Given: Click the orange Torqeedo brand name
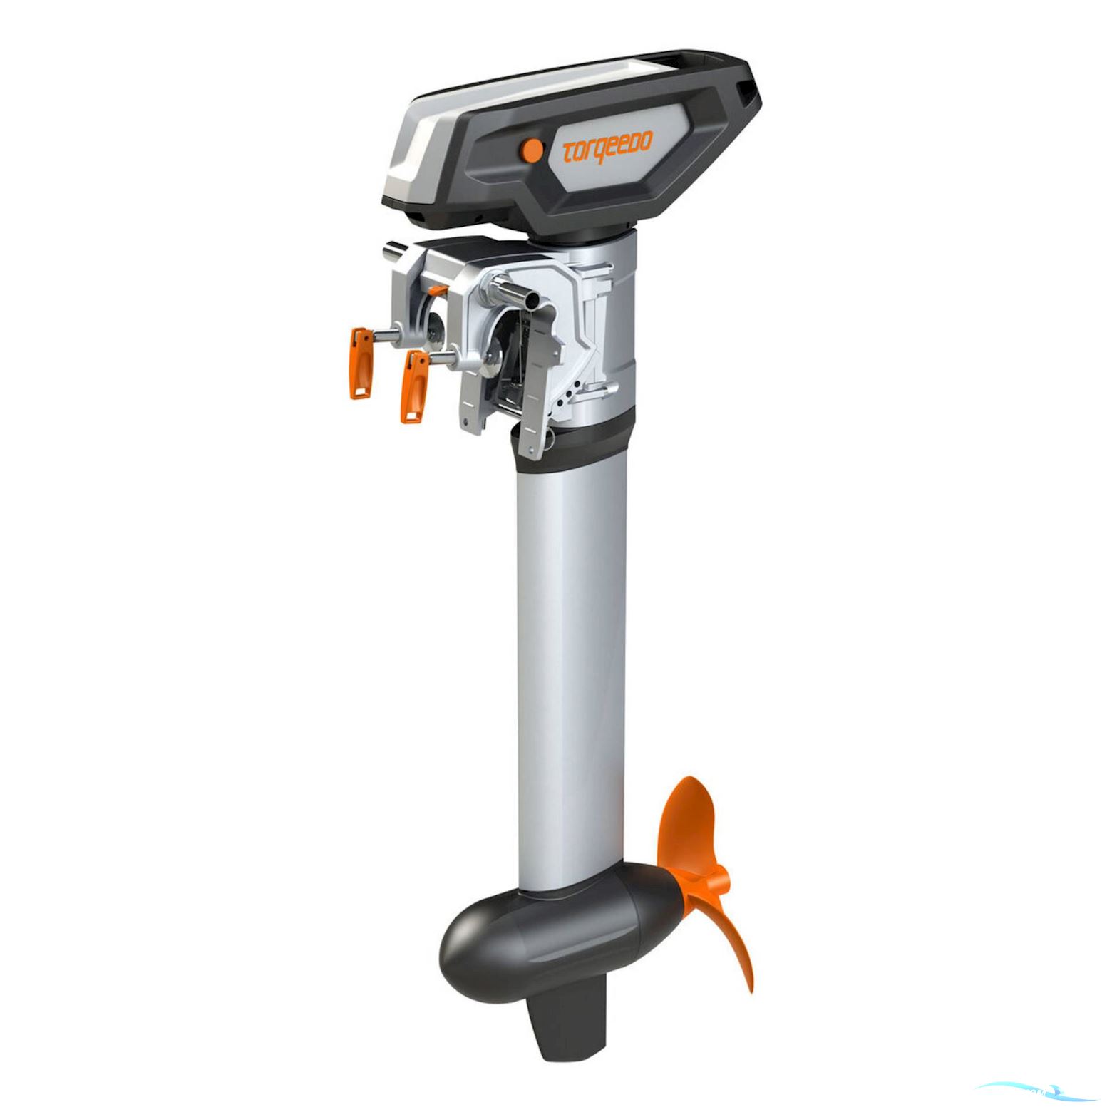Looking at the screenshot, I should pyautogui.click(x=607, y=148).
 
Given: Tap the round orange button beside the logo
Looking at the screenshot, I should pyautogui.click(x=531, y=149).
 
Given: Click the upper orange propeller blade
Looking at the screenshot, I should pyautogui.click(x=687, y=820).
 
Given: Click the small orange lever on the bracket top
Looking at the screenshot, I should pyautogui.click(x=438, y=290).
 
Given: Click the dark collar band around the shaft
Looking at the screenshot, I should pyautogui.click(x=577, y=442).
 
